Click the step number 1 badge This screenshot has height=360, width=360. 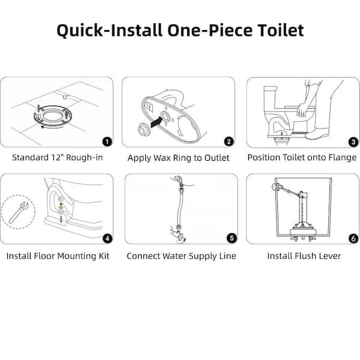click(x=107, y=142)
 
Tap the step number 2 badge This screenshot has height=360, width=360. click(x=229, y=142)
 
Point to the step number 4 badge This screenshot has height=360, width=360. click(x=107, y=238)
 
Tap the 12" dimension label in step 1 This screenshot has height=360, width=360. click(x=65, y=96)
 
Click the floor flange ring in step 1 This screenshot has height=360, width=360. click(x=59, y=115)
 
